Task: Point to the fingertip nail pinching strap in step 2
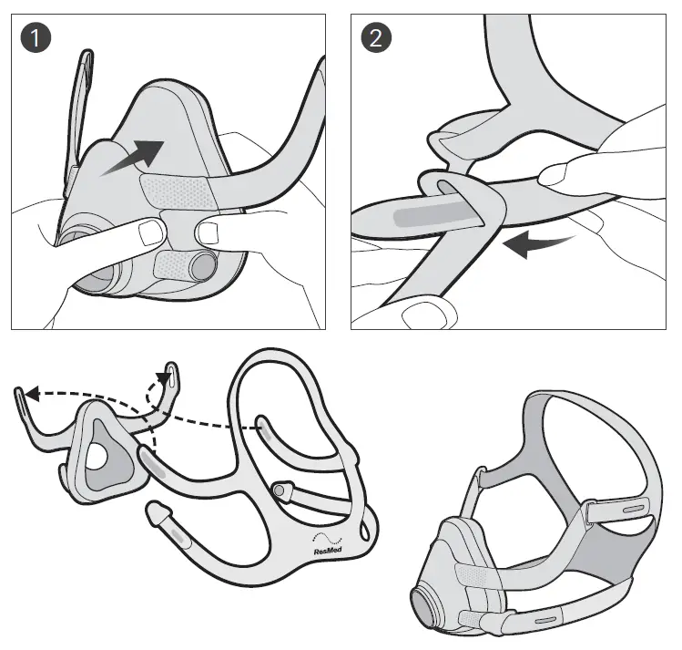point(558,172)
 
